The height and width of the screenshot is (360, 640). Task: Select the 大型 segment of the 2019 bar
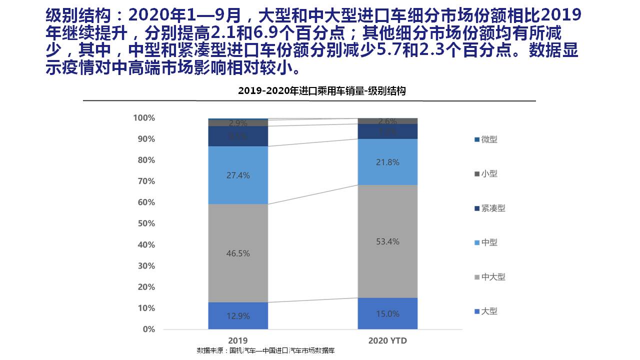click(x=238, y=315)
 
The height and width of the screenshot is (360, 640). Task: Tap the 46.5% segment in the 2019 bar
click(x=238, y=253)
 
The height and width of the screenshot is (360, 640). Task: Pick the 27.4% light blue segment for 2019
click(x=238, y=175)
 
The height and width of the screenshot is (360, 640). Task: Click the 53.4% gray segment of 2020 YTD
click(x=387, y=241)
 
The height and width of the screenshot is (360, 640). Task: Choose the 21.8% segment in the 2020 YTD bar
click(x=387, y=162)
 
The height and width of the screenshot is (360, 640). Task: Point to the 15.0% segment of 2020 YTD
click(x=387, y=313)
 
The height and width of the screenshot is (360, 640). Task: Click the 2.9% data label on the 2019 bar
click(x=238, y=123)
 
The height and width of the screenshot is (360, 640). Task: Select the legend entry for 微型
click(x=488, y=139)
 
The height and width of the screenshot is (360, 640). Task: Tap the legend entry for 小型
click(x=488, y=174)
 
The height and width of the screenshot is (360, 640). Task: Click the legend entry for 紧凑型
click(x=492, y=208)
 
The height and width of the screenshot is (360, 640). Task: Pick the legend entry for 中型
click(x=488, y=242)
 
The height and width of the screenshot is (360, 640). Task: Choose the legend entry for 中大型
click(x=492, y=277)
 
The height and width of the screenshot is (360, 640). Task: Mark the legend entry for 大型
click(x=488, y=311)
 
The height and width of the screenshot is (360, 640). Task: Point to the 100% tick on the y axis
click(x=144, y=118)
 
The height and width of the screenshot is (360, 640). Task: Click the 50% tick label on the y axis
click(x=146, y=223)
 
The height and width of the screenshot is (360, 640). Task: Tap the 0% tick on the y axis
click(x=148, y=329)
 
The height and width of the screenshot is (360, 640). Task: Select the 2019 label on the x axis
click(x=238, y=340)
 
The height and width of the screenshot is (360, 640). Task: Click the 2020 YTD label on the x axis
click(x=387, y=340)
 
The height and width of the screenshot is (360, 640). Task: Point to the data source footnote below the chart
click(x=265, y=350)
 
